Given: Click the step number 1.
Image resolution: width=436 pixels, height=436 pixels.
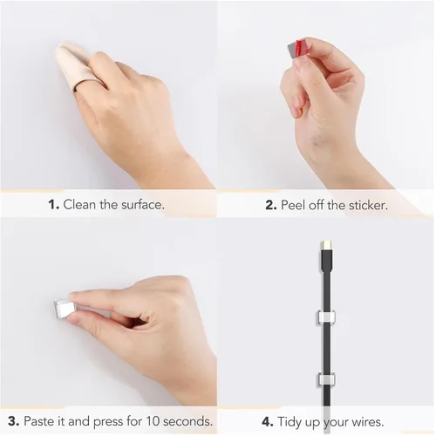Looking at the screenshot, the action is click(54, 205).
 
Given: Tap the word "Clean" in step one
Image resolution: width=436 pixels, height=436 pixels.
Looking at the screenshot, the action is click(79, 204).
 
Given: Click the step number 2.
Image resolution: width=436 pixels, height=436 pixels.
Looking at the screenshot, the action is click(271, 205).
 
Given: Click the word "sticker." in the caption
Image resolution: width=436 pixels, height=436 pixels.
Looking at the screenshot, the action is click(368, 205).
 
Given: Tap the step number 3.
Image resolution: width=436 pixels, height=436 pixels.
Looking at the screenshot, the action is click(14, 421).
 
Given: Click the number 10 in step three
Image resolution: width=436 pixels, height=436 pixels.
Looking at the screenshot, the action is click(153, 421).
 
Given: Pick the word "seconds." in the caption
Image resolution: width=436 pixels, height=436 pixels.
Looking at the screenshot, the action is click(187, 421).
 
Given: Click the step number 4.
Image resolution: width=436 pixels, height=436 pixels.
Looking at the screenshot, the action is click(268, 422).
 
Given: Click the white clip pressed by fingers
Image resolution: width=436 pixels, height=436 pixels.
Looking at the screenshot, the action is click(63, 310).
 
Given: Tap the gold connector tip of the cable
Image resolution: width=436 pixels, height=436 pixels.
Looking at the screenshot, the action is click(326, 245).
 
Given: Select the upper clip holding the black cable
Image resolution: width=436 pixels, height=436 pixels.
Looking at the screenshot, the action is click(326, 317).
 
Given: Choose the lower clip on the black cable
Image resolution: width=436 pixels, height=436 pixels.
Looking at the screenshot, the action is click(326, 379).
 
